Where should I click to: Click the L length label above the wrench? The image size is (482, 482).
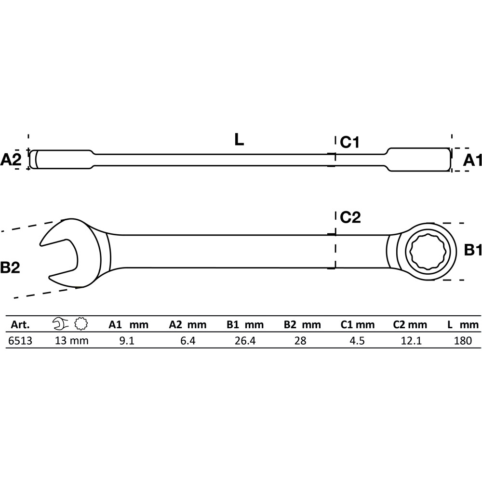(x=239, y=140)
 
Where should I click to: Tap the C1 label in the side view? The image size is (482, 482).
(x=349, y=142)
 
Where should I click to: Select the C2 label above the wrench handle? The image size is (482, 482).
(x=350, y=217)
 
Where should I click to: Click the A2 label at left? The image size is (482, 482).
(x=11, y=160)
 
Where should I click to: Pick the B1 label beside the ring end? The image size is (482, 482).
(x=473, y=250)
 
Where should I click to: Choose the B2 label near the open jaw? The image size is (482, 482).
(x=10, y=268)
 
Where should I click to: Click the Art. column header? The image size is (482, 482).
(x=20, y=324)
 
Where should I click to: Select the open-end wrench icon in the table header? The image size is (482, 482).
(x=61, y=324)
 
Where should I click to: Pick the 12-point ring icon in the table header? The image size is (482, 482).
(x=81, y=324)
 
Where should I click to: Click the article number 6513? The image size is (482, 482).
(x=20, y=341)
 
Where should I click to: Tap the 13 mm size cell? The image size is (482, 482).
(x=72, y=341)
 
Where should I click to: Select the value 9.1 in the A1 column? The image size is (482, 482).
(x=127, y=341)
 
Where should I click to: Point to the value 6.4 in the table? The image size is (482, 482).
(x=188, y=341)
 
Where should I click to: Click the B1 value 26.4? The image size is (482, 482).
(x=245, y=341)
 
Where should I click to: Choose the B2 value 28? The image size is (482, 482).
(x=300, y=341)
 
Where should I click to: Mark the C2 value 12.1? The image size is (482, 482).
(x=411, y=341)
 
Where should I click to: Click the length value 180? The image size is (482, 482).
(x=463, y=341)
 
